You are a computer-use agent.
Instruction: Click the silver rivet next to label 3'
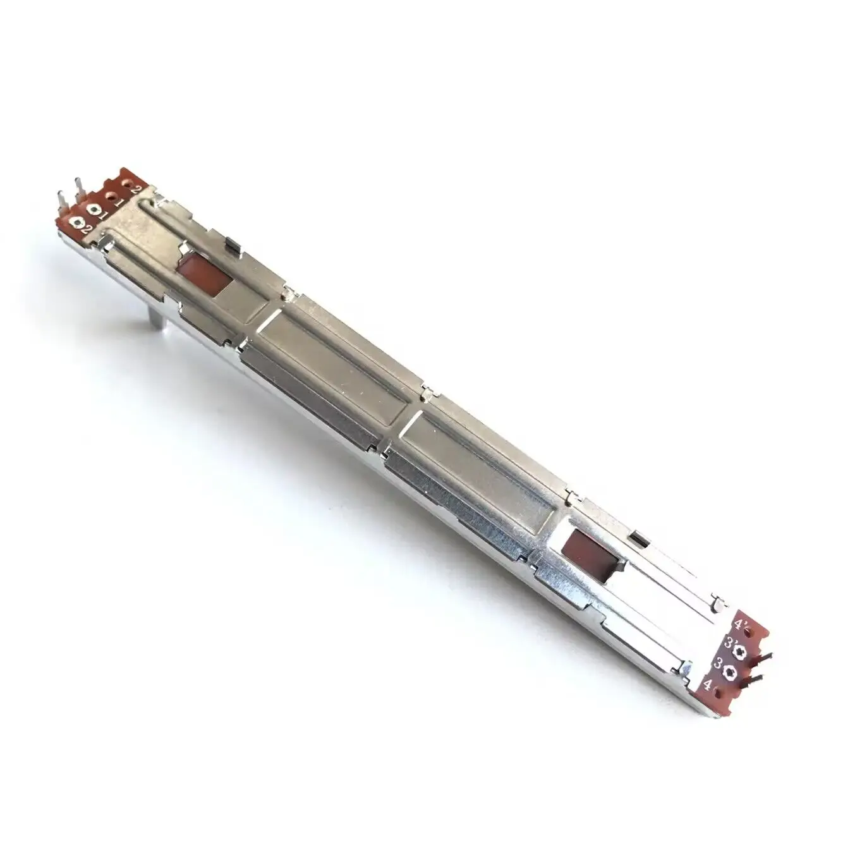(x=743, y=651)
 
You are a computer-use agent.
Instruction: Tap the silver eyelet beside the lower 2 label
(x=80, y=222)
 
